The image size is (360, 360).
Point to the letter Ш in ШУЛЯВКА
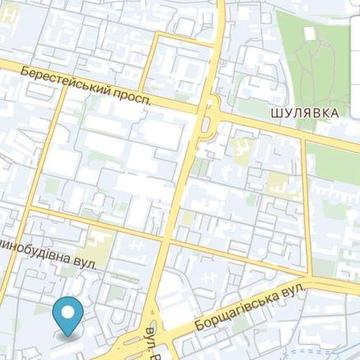[274, 113]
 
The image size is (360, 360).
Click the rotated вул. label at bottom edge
[153, 343]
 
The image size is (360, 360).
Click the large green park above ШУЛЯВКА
[318, 50]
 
